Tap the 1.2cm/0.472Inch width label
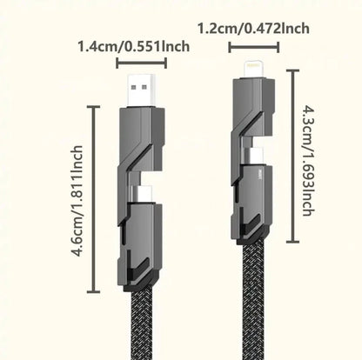(252, 29)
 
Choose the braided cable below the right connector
(254, 304)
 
